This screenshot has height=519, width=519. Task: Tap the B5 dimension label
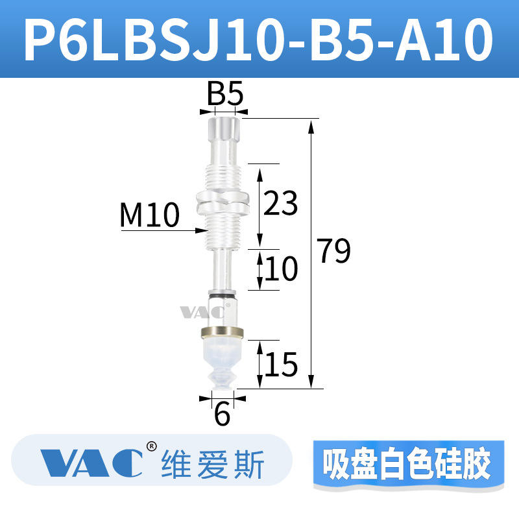tap(225, 96)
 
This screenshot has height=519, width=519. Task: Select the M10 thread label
tap(149, 215)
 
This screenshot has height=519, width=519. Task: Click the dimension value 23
tap(280, 204)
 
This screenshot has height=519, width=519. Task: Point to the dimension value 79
tap(334, 250)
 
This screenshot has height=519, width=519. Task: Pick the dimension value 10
tap(281, 269)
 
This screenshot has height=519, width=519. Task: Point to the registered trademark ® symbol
tap(152, 446)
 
